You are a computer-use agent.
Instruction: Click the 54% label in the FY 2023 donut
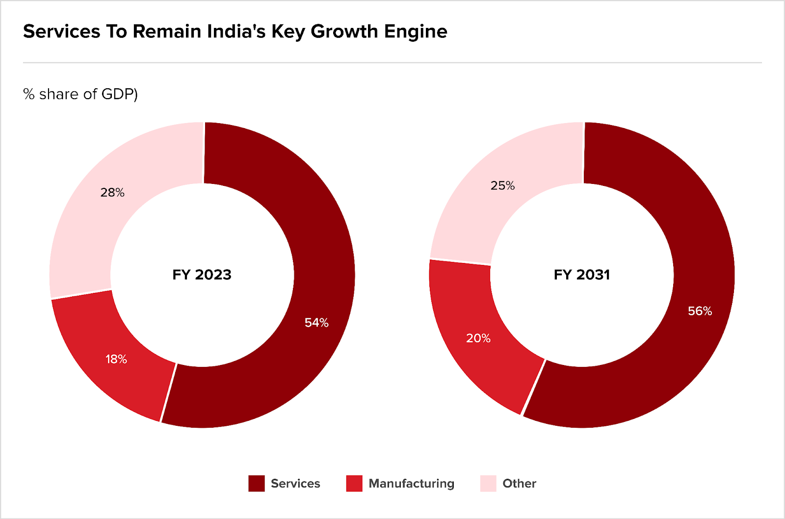pos(316,323)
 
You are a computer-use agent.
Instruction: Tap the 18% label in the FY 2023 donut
pos(116,360)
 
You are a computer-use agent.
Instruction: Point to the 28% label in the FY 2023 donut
pos(112,193)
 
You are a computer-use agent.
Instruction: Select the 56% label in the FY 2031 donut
pos(700,311)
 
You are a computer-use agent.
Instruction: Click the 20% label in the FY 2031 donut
pos(478,338)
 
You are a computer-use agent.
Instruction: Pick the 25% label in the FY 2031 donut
pos(502,186)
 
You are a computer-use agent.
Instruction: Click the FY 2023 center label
pos(202,275)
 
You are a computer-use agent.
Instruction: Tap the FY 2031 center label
pos(582,275)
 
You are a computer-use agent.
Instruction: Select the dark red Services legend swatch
pos(257,484)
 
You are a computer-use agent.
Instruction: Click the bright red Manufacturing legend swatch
pos(354,484)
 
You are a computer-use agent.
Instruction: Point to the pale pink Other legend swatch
pos(488,484)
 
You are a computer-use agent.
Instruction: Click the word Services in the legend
pos(295,484)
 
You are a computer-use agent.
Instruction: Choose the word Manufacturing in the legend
pos(411,484)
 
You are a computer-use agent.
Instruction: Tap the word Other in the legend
pos(519,484)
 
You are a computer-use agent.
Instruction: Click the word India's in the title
pos(236,32)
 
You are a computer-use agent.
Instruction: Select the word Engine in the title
pos(416,32)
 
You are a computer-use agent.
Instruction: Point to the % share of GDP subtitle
pos(80,94)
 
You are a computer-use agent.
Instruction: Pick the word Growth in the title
pos(344,32)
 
